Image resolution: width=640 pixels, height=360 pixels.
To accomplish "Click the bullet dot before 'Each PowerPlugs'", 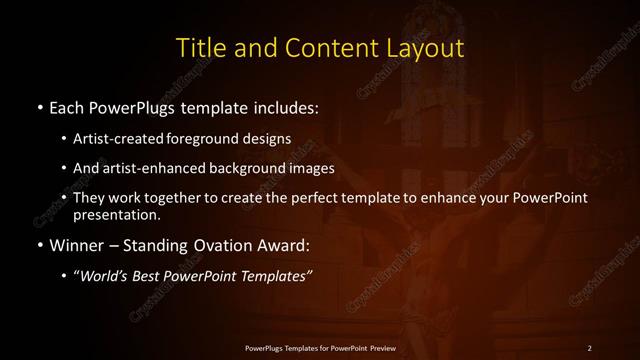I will tap(39, 105).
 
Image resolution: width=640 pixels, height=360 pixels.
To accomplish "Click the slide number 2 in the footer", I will tap(589, 347).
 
